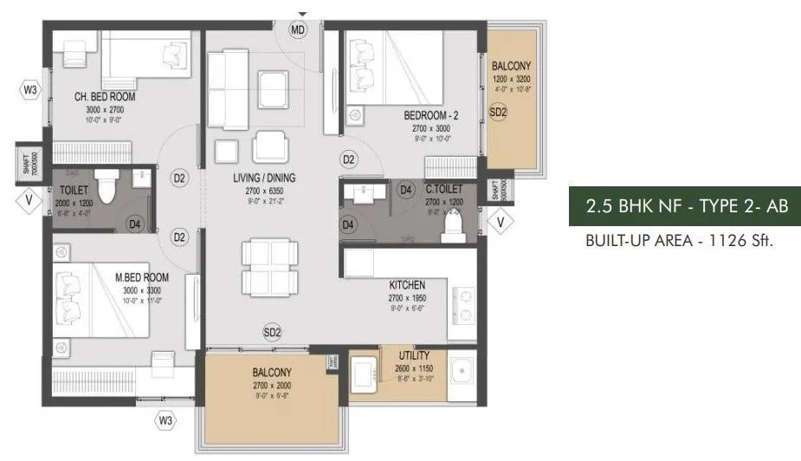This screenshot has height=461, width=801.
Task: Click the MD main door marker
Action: coord(299,29)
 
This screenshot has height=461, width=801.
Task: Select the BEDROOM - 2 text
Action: coord(431,114)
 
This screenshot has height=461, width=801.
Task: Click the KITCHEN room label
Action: coord(406,284)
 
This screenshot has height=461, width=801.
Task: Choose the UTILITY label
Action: coord(414,356)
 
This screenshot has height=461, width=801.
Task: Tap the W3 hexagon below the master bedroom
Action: coord(165,420)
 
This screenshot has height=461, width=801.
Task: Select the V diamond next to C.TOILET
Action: coord(500,222)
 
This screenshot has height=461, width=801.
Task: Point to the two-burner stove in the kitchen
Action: coord(466,303)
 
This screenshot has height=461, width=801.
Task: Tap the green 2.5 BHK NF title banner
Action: coord(678,207)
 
